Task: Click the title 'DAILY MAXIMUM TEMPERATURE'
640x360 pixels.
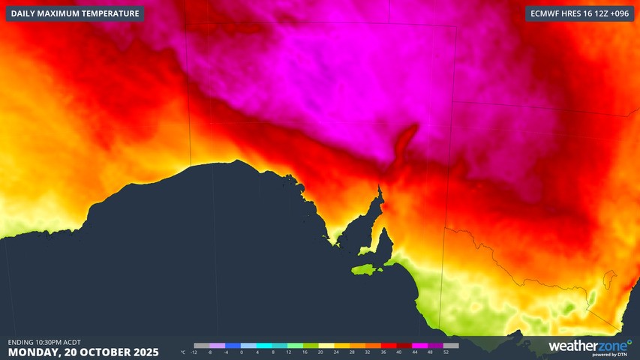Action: point(75,13)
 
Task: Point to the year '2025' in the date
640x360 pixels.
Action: point(143,352)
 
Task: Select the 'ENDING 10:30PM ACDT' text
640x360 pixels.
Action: point(44,341)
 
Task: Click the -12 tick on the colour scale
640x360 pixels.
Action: point(194,352)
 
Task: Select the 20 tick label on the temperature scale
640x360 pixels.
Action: point(320,352)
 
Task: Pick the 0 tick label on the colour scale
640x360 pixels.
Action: point(242,352)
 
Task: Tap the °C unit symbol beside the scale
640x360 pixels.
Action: point(183,352)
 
